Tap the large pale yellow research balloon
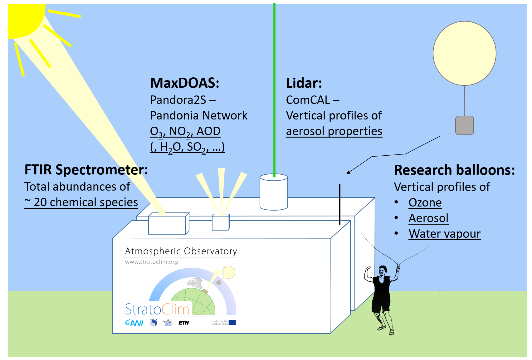pos(464,53)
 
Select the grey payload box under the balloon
pos(464,125)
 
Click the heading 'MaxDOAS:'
pos(185,83)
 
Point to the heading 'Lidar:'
pos(304,83)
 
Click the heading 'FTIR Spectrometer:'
pos(86,170)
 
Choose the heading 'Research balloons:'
pos(454,170)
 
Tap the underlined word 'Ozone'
pos(425,202)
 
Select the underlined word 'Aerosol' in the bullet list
pos(428,218)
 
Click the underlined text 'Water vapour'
pos(445,234)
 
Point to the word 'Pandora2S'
pos(178,100)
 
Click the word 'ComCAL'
pos(308,100)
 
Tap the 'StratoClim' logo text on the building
pos(157,309)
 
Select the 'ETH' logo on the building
pos(183,323)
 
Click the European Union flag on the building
pos(232,323)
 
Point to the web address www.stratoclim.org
pos(151,262)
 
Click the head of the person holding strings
pos(383,270)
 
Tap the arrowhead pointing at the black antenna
pos(348,172)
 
